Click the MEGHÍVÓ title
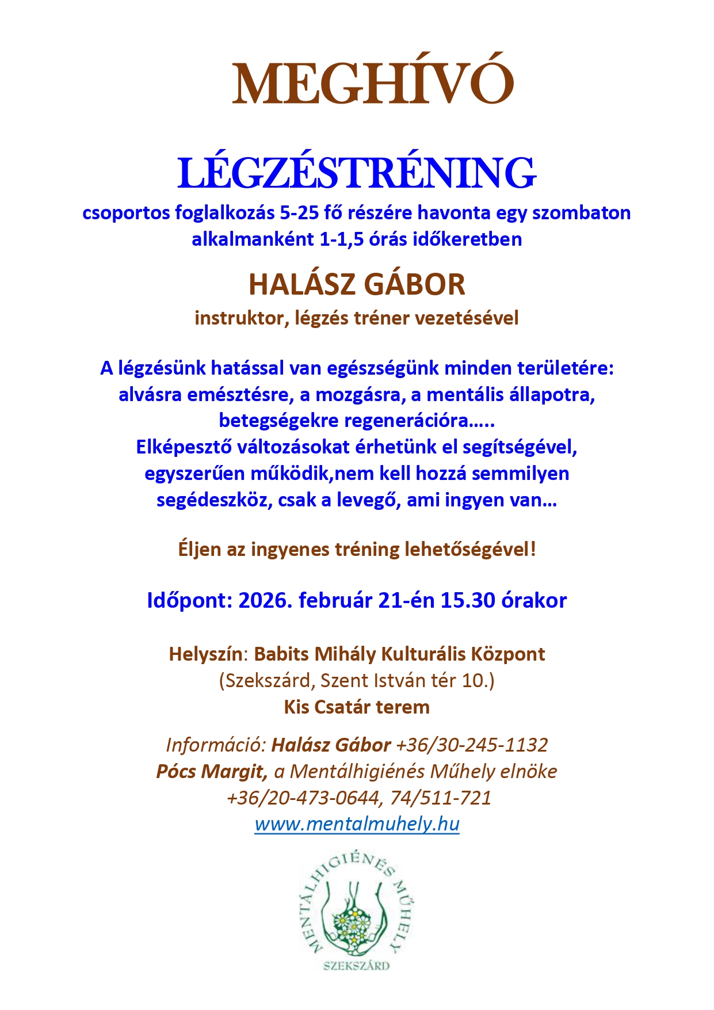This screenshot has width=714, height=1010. (373, 83)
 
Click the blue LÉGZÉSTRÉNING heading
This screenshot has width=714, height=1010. (357, 173)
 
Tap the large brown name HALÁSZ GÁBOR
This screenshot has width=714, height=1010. (357, 284)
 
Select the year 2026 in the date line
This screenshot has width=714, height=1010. (265, 601)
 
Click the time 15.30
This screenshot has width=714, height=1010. (468, 601)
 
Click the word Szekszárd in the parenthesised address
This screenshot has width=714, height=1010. (267, 681)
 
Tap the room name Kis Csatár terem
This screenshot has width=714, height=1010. (357, 707)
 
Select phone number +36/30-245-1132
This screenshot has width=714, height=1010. (472, 745)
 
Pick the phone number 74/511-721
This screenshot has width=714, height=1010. (441, 798)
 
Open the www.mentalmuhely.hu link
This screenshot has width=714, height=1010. (357, 825)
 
